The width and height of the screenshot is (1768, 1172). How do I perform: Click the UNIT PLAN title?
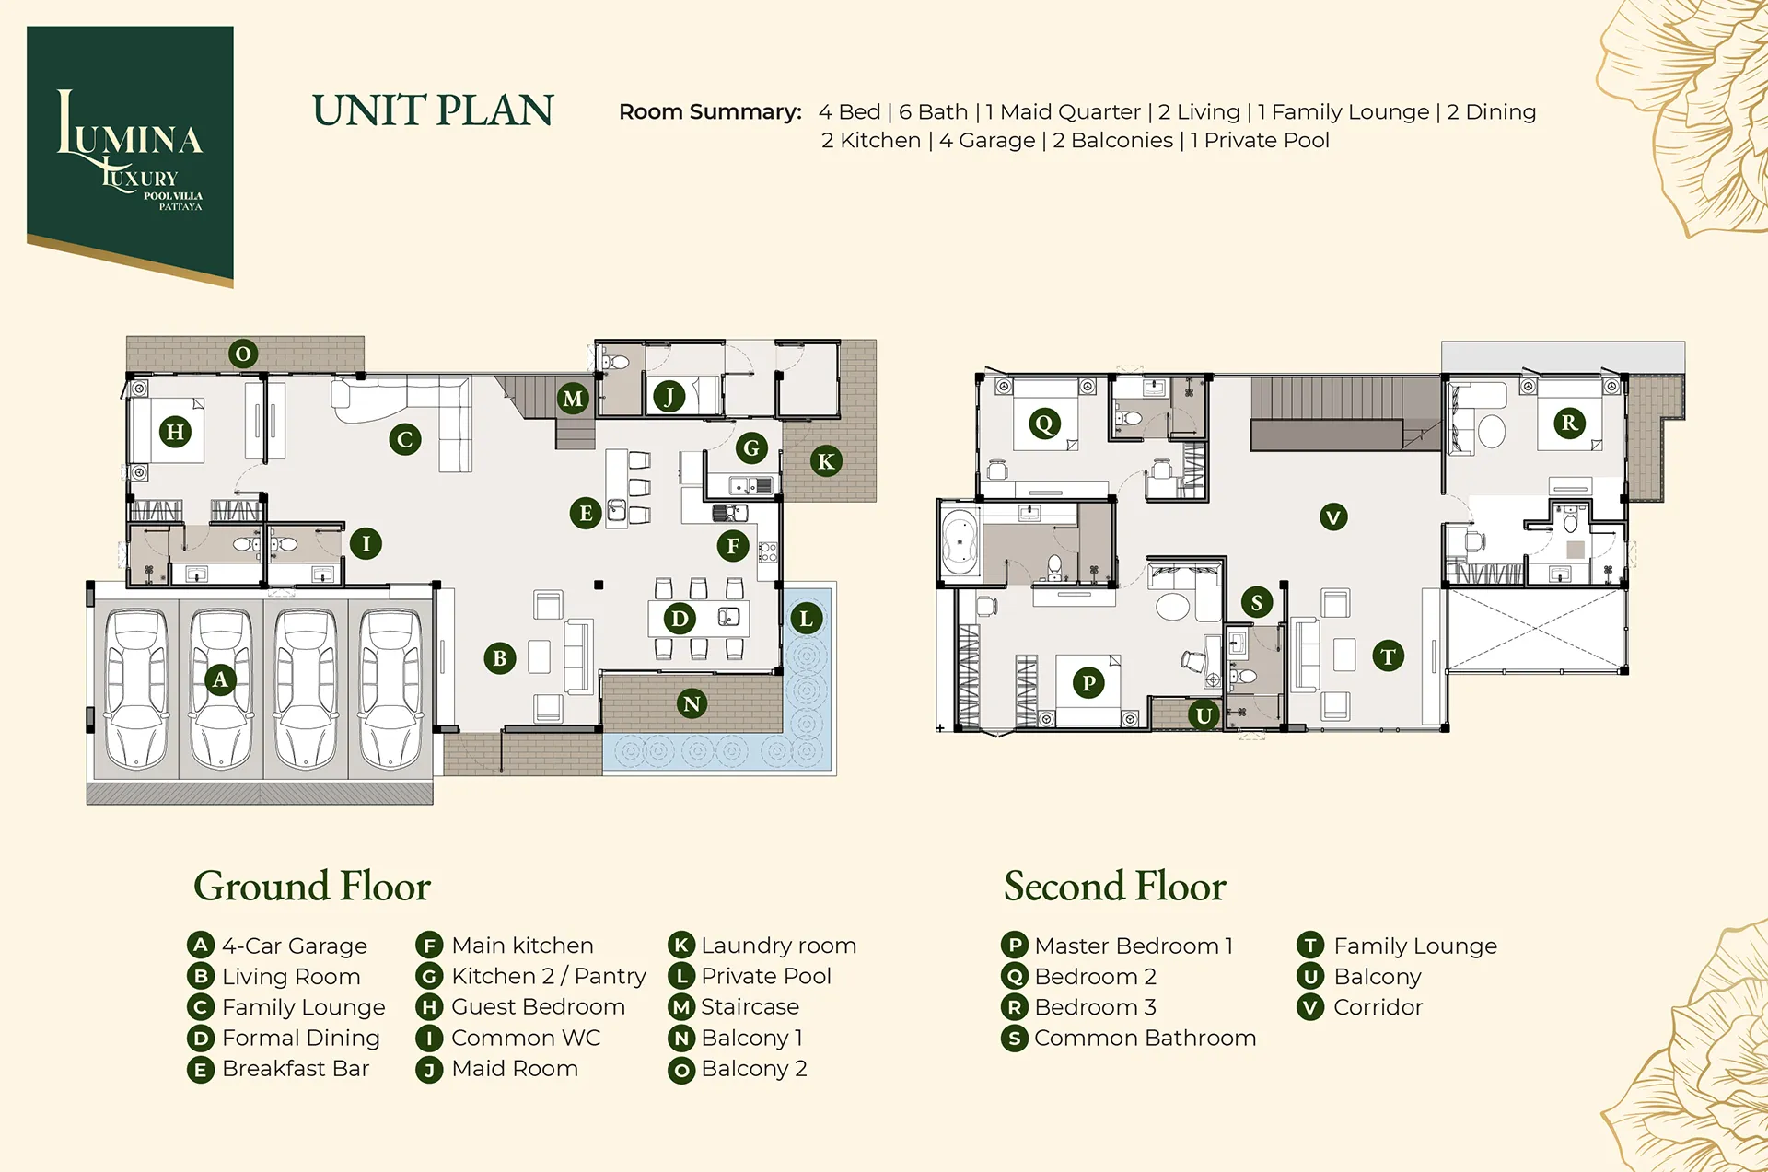pyautogui.click(x=433, y=110)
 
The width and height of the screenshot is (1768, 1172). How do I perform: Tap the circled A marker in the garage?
pyautogui.click(x=220, y=679)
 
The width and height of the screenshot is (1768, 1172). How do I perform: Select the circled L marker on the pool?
pyautogui.click(x=807, y=618)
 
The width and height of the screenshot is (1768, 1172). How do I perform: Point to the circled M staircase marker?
pyautogui.click(x=573, y=398)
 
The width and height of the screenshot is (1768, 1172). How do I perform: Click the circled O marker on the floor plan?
pyautogui.click(x=243, y=354)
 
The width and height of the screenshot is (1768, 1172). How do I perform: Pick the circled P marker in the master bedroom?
pyautogui.click(x=1088, y=682)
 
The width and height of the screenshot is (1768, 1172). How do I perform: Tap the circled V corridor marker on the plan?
pyautogui.click(x=1333, y=516)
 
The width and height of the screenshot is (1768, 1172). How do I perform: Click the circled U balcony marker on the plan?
pyautogui.click(x=1204, y=715)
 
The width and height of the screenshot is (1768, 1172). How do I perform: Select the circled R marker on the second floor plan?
pyautogui.click(x=1569, y=423)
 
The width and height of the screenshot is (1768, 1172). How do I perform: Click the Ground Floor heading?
pyautogui.click(x=312, y=887)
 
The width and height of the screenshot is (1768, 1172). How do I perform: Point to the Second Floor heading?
pyautogui.click(x=1115, y=887)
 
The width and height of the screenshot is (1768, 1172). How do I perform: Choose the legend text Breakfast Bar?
pyautogui.click(x=296, y=1069)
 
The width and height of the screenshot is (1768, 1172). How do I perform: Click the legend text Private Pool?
pyautogui.click(x=766, y=976)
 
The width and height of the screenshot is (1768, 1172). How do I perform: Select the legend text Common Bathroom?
pyautogui.click(x=1145, y=1038)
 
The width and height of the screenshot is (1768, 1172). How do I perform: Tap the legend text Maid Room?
pyautogui.click(x=515, y=1069)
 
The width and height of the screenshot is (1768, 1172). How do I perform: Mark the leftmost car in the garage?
pyautogui.click(x=136, y=688)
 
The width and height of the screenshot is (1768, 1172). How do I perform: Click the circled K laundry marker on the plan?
pyautogui.click(x=826, y=461)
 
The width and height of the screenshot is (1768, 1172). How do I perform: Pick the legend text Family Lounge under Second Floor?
pyautogui.click(x=1415, y=946)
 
